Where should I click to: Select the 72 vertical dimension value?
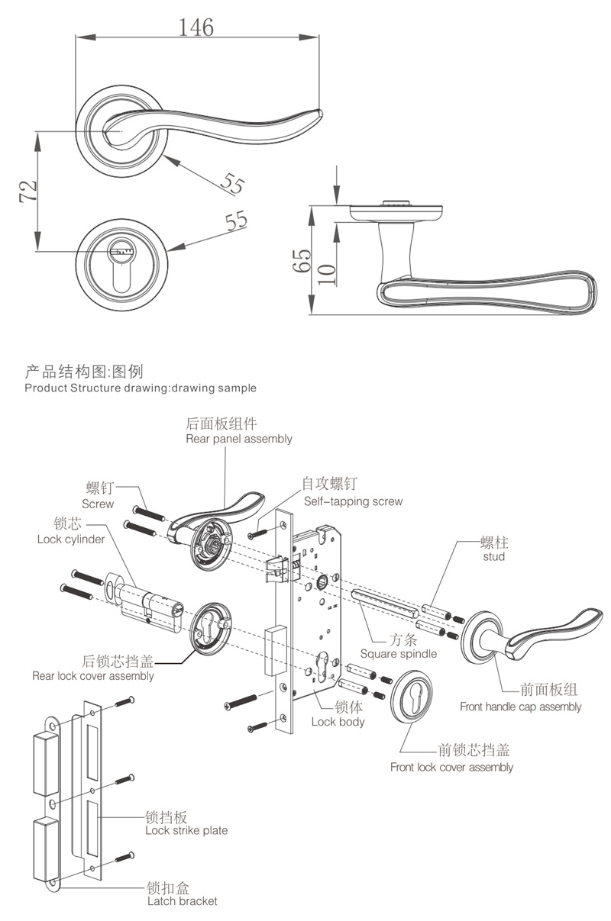pyautogui.click(x=28, y=192)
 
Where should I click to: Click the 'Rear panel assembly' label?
pyautogui.click(x=238, y=439)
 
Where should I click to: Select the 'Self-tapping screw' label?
pyautogui.click(x=353, y=501)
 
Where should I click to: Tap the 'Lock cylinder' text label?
pyautogui.click(x=70, y=539)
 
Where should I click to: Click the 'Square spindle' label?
pyautogui.click(x=399, y=654)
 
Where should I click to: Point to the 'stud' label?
pyautogui.click(x=494, y=557)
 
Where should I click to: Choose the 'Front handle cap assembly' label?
pyautogui.click(x=520, y=707)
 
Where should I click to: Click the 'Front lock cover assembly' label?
pyautogui.click(x=451, y=767)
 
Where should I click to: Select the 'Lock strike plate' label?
pyautogui.click(x=186, y=830)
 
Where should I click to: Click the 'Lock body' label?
pyautogui.click(x=338, y=722)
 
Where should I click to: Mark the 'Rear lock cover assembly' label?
pyautogui.click(x=93, y=676)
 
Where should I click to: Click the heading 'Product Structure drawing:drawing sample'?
pyautogui.click(x=141, y=388)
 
